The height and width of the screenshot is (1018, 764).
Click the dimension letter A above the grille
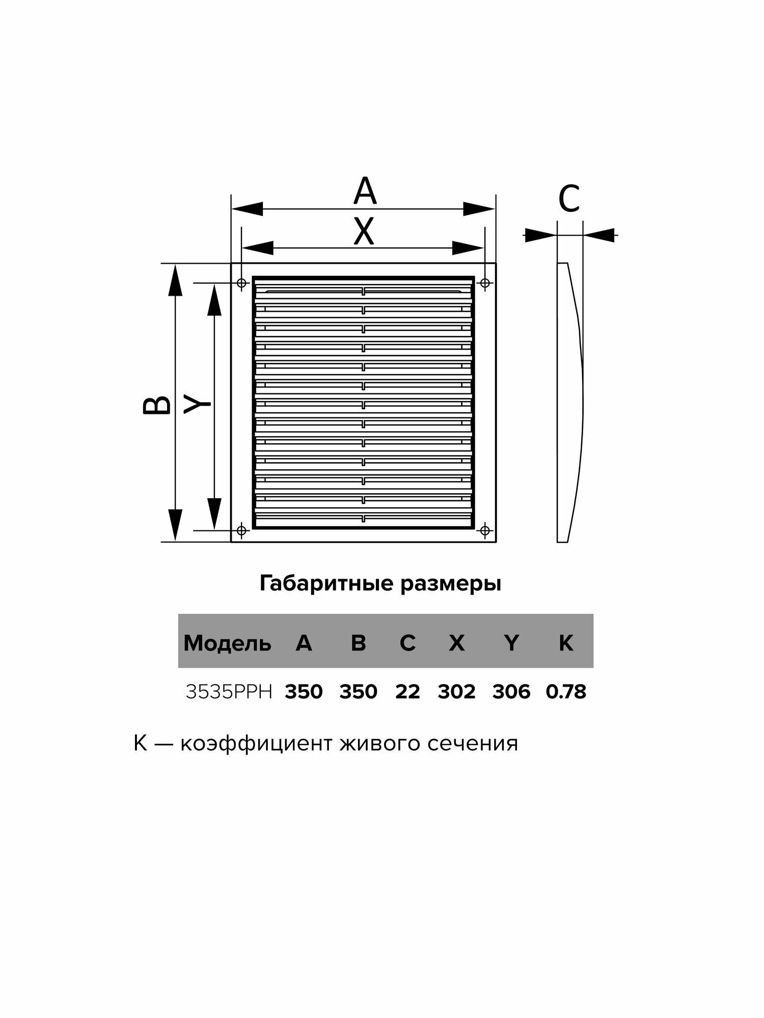[365, 191]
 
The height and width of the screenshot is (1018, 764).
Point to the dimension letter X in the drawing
[364, 232]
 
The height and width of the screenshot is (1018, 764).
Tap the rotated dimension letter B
[156, 405]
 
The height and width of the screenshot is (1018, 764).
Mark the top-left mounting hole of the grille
[242, 282]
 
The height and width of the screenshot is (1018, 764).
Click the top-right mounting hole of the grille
[485, 282]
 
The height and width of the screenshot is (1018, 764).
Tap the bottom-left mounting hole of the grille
[242, 530]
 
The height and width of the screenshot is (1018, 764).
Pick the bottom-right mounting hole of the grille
[485, 530]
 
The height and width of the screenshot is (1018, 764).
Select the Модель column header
[227, 644]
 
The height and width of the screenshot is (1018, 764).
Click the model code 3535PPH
[229, 692]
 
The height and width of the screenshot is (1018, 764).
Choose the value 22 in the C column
[407, 692]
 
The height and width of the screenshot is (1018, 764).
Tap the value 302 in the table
[456, 692]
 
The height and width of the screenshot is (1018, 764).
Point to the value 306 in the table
[511, 692]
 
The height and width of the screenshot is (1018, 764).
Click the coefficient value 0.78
[566, 692]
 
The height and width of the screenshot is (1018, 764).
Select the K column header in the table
[566, 644]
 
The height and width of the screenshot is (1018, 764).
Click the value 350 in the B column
[358, 692]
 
